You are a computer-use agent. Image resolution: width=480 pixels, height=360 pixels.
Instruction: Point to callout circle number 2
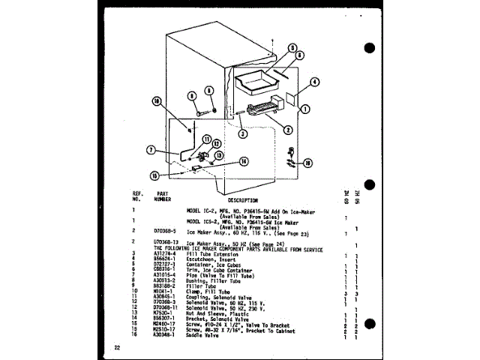click(x=287, y=129)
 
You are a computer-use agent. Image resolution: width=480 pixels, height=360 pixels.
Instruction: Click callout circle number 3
click(x=242, y=134)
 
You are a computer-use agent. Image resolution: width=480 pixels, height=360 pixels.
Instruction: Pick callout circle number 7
click(x=151, y=149)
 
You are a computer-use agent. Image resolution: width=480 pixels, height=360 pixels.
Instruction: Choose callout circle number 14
click(x=244, y=160)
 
